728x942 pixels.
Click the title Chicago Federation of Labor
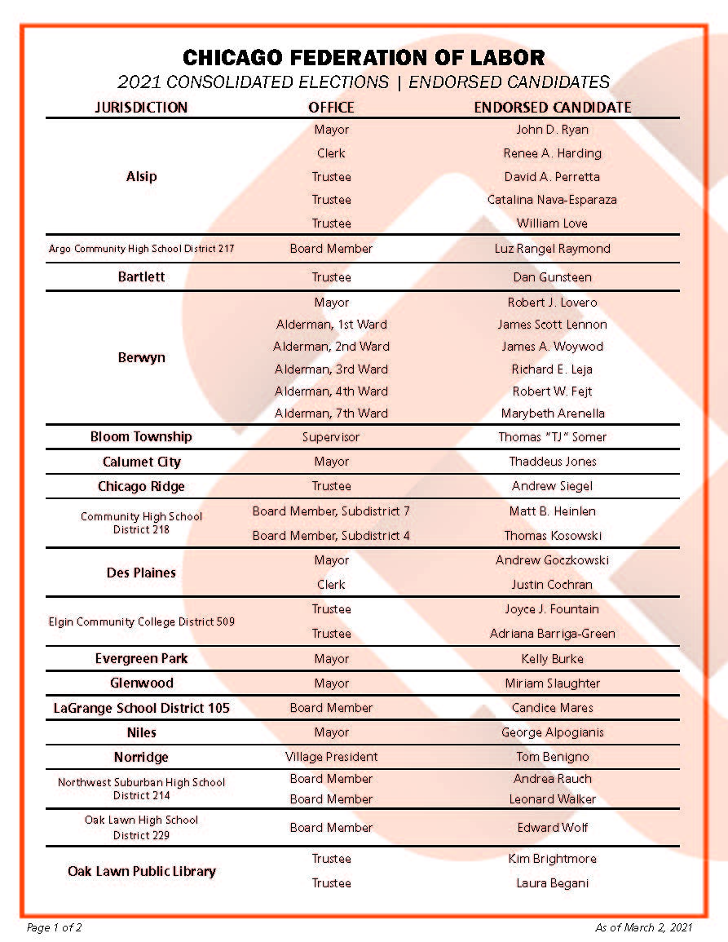point(364,58)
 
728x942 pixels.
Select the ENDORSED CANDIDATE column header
point(553,107)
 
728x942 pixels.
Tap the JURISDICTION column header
point(141,107)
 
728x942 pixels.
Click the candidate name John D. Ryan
point(552,130)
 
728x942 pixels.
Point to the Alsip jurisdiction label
point(141,176)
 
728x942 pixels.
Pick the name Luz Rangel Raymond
point(552,249)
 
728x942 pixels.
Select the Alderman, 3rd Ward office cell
point(331,369)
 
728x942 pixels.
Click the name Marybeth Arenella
point(552,414)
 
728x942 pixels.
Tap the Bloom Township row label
point(141,436)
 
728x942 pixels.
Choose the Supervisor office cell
point(331,437)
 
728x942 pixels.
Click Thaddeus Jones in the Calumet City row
point(552,462)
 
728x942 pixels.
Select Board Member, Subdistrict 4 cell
point(331,536)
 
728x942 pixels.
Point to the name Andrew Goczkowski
point(552,560)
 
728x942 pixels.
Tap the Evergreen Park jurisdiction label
point(141,658)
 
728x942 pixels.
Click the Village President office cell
point(331,757)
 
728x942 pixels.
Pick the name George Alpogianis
point(552,732)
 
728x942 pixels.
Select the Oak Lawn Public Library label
point(141,871)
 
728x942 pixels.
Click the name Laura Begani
point(552,883)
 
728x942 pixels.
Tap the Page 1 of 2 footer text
point(55,927)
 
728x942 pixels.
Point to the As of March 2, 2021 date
point(644,927)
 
